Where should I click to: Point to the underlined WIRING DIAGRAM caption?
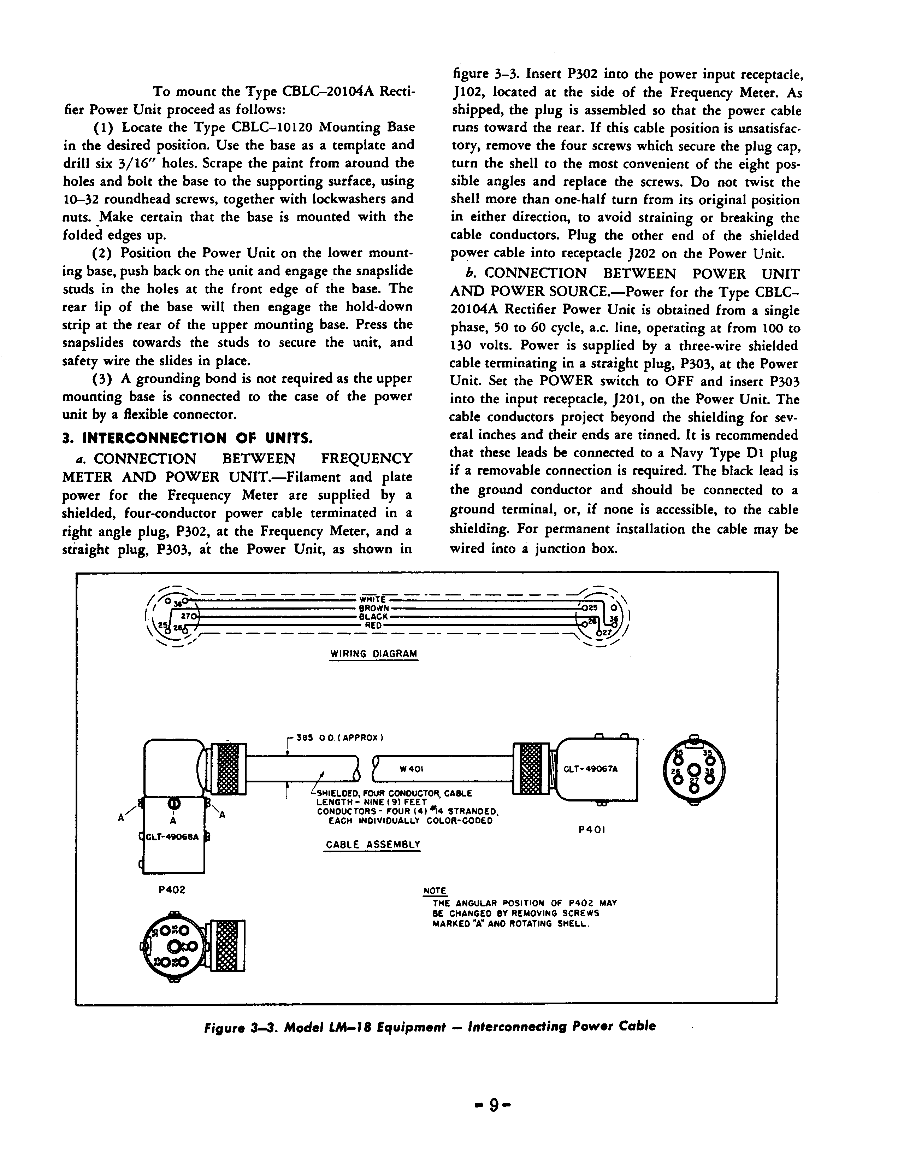(x=374, y=653)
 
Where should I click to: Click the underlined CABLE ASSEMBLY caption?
(x=373, y=844)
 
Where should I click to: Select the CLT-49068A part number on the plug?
(x=172, y=837)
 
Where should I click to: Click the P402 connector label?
(x=172, y=890)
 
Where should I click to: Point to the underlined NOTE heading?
(x=435, y=891)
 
